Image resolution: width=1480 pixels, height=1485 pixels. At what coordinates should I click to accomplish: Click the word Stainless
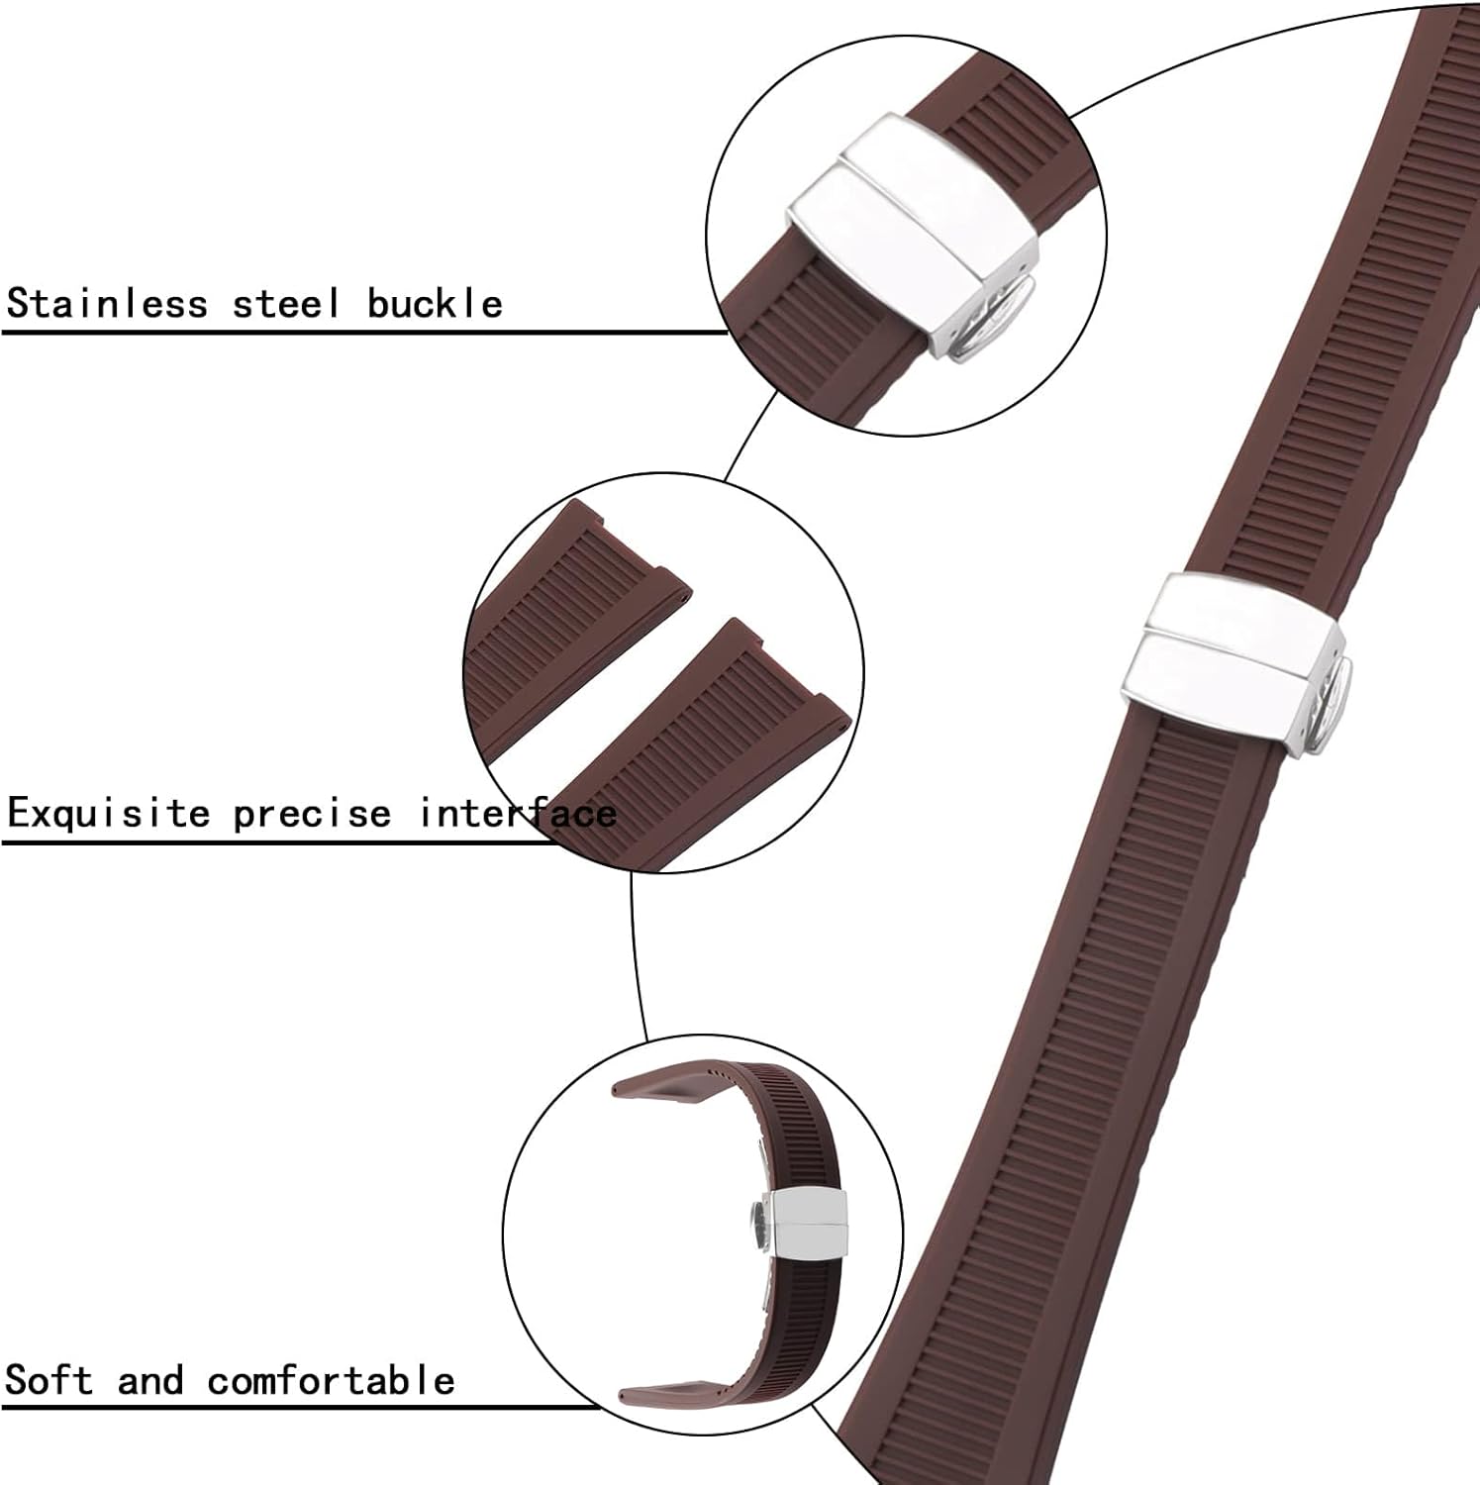(107, 303)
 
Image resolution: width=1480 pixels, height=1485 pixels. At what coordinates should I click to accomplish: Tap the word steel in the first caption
(285, 303)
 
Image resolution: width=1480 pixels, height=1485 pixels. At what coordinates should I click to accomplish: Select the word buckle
(435, 303)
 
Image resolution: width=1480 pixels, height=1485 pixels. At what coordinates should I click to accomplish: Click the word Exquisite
(109, 814)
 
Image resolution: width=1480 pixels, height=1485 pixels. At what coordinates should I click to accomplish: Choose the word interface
(518, 814)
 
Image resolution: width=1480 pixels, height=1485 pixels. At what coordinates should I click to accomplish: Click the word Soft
(49, 1379)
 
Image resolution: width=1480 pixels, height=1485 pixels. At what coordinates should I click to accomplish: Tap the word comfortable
(331, 1379)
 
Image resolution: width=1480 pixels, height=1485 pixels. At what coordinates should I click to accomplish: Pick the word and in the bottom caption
(150, 1380)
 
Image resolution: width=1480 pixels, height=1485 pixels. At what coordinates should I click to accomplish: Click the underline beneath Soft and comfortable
(297, 1407)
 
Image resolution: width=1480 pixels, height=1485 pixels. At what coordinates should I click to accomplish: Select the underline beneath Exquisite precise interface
(277, 842)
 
